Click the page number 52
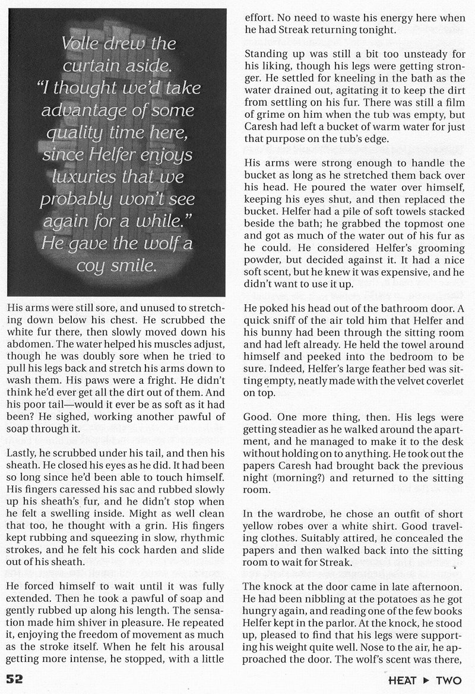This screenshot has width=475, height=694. coord(15,678)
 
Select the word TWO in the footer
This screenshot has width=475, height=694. coord(454,679)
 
